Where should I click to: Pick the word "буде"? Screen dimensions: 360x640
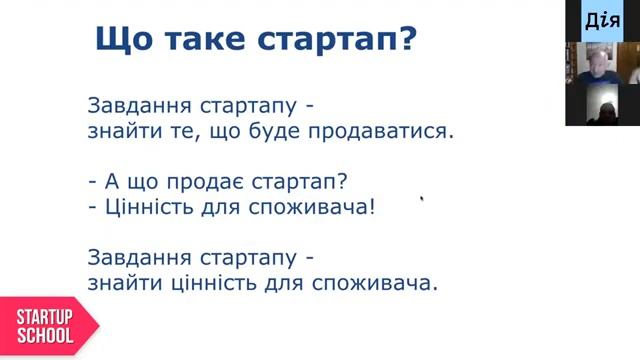pyautogui.click(x=279, y=131)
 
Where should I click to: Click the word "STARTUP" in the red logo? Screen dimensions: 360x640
pyautogui.click(x=44, y=317)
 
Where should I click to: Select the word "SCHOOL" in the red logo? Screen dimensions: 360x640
pyautogui.click(x=44, y=336)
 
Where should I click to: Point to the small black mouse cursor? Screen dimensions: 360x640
pyautogui.click(x=423, y=199)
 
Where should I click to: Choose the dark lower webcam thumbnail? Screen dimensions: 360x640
pyautogui.click(x=602, y=105)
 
